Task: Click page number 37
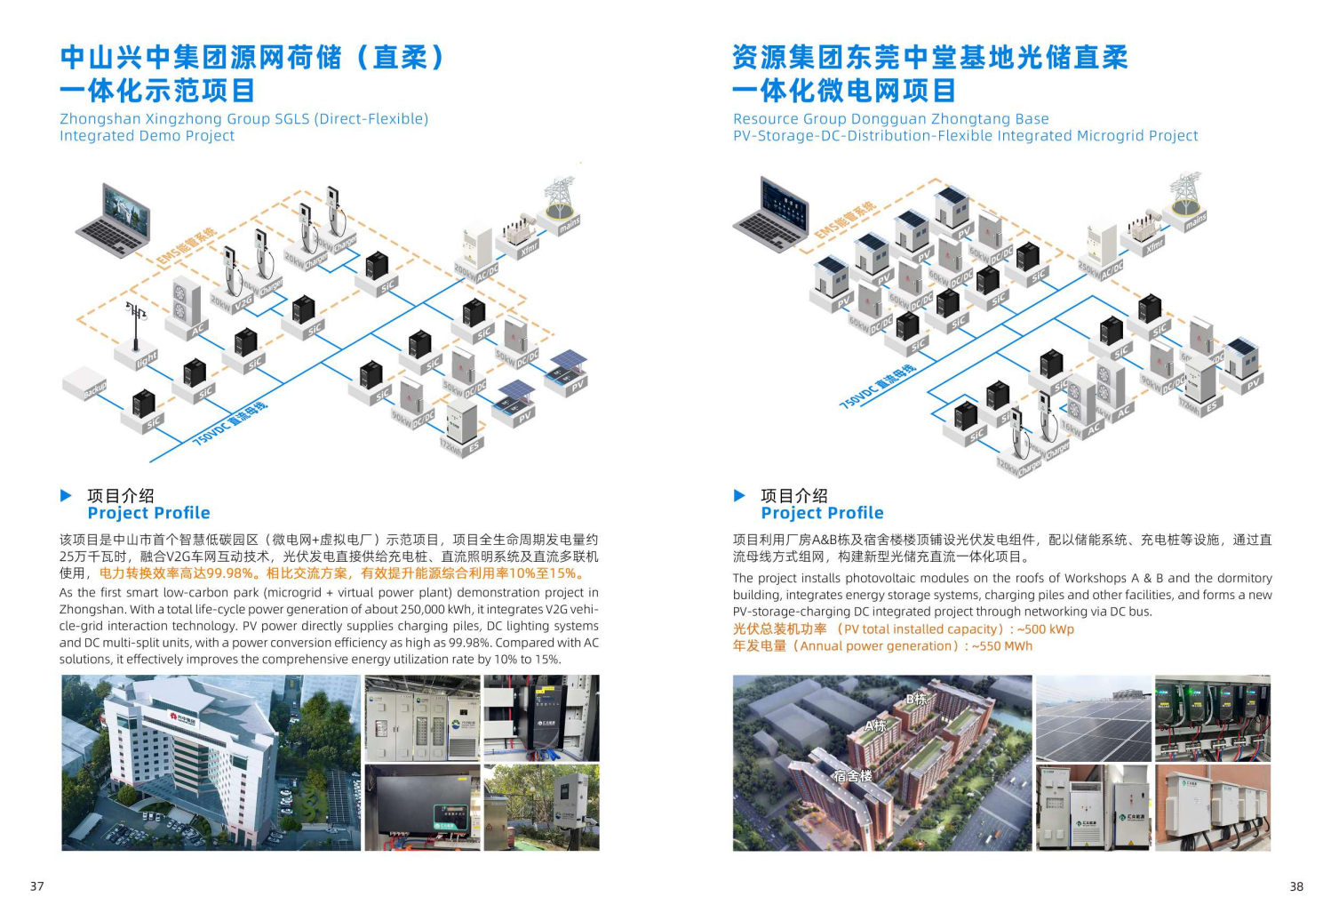pyautogui.click(x=37, y=885)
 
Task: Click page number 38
pyautogui.click(x=1296, y=885)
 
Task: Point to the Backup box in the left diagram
pyautogui.click(x=84, y=382)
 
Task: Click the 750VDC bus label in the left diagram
pyautogui.click(x=230, y=422)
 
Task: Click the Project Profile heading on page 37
pyautogui.click(x=148, y=513)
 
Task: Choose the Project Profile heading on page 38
pyautogui.click(x=822, y=513)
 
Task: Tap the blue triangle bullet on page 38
pyautogui.click(x=739, y=495)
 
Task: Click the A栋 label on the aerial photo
pyautogui.click(x=876, y=725)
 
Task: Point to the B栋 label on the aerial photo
pyautogui.click(x=916, y=699)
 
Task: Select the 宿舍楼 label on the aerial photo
pyautogui.click(x=852, y=776)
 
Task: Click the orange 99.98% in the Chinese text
pyautogui.click(x=230, y=573)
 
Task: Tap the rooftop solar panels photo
pyautogui.click(x=1093, y=718)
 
